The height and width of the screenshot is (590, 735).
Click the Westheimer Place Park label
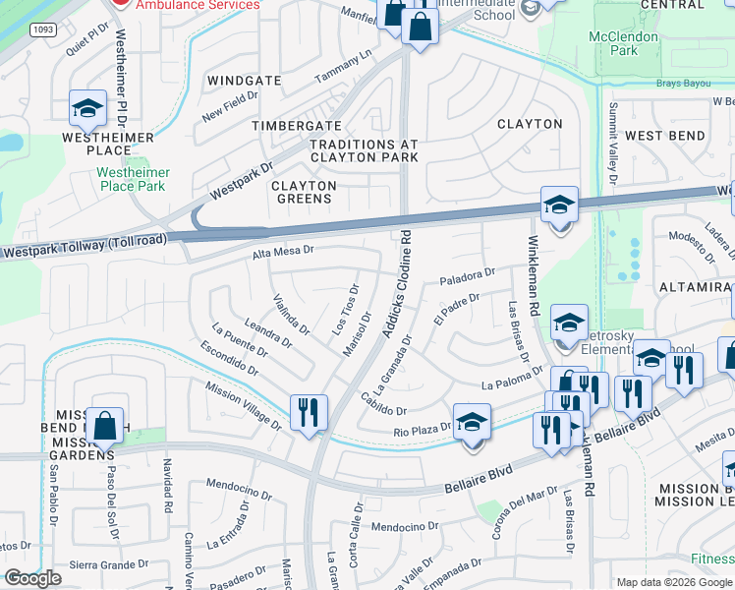point(133,179)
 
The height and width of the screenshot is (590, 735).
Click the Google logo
point(32,578)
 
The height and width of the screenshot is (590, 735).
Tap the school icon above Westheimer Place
point(87,110)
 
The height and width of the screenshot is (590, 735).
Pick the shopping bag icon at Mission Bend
point(104,426)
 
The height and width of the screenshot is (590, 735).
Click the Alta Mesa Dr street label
point(283,252)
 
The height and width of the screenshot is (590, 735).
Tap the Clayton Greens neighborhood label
point(304,192)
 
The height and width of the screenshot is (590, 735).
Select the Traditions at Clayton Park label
point(364,150)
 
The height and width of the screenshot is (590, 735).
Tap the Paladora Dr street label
point(467,275)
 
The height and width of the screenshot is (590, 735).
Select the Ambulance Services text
point(198,5)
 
